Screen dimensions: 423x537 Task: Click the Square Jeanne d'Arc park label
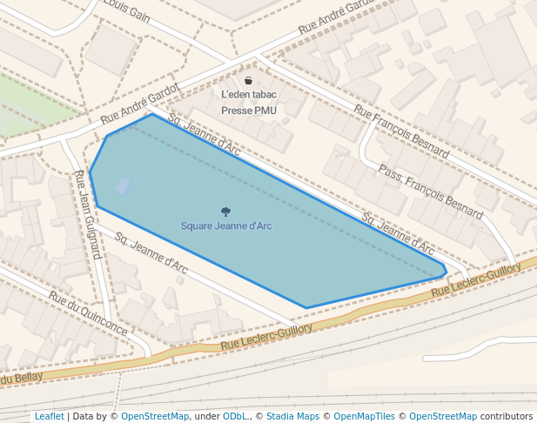[x=226, y=226]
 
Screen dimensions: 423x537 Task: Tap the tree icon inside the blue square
[x=226, y=211]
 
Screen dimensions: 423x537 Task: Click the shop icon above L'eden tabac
[x=248, y=81]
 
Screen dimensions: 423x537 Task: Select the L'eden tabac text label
[x=249, y=95]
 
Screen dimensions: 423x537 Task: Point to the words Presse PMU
[x=249, y=111]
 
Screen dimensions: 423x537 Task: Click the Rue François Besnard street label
[x=401, y=131]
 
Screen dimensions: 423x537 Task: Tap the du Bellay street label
[x=21, y=377]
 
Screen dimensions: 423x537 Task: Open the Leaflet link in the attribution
[x=49, y=416]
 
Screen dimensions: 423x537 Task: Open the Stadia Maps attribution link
[x=292, y=416]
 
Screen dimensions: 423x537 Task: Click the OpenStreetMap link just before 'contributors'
[x=443, y=416]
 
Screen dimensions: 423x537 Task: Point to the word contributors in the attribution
[x=507, y=416]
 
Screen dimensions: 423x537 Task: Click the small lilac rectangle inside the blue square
[x=123, y=185]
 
